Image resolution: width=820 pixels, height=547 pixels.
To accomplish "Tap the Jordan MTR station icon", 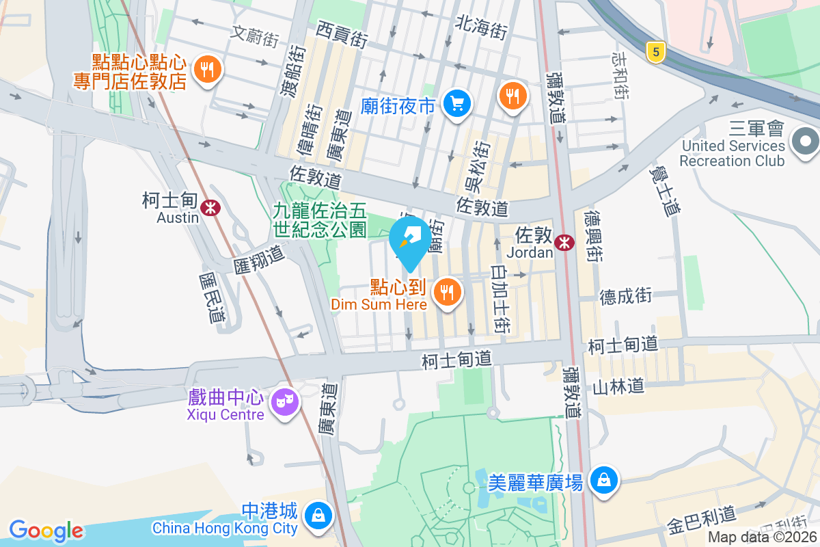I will point(564,242).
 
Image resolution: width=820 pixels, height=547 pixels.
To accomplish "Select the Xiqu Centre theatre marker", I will point(284,401).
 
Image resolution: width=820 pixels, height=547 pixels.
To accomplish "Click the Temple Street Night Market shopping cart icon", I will point(455,104).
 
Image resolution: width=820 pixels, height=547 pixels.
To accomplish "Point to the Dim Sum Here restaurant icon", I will point(447,293).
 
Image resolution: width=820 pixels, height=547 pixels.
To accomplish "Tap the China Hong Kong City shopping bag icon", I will point(318,514).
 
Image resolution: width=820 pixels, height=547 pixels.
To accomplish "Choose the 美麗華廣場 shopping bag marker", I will point(604,479).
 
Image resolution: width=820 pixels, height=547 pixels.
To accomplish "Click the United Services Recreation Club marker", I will point(805,142).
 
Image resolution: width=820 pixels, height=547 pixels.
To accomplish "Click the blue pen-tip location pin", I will point(410,239).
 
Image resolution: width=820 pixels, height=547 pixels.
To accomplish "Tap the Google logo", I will point(46,530).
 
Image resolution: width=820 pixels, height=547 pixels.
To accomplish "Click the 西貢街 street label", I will point(342,34).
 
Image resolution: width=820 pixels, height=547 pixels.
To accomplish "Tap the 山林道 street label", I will point(618,386).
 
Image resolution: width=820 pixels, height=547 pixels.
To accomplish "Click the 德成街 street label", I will point(626,296).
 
